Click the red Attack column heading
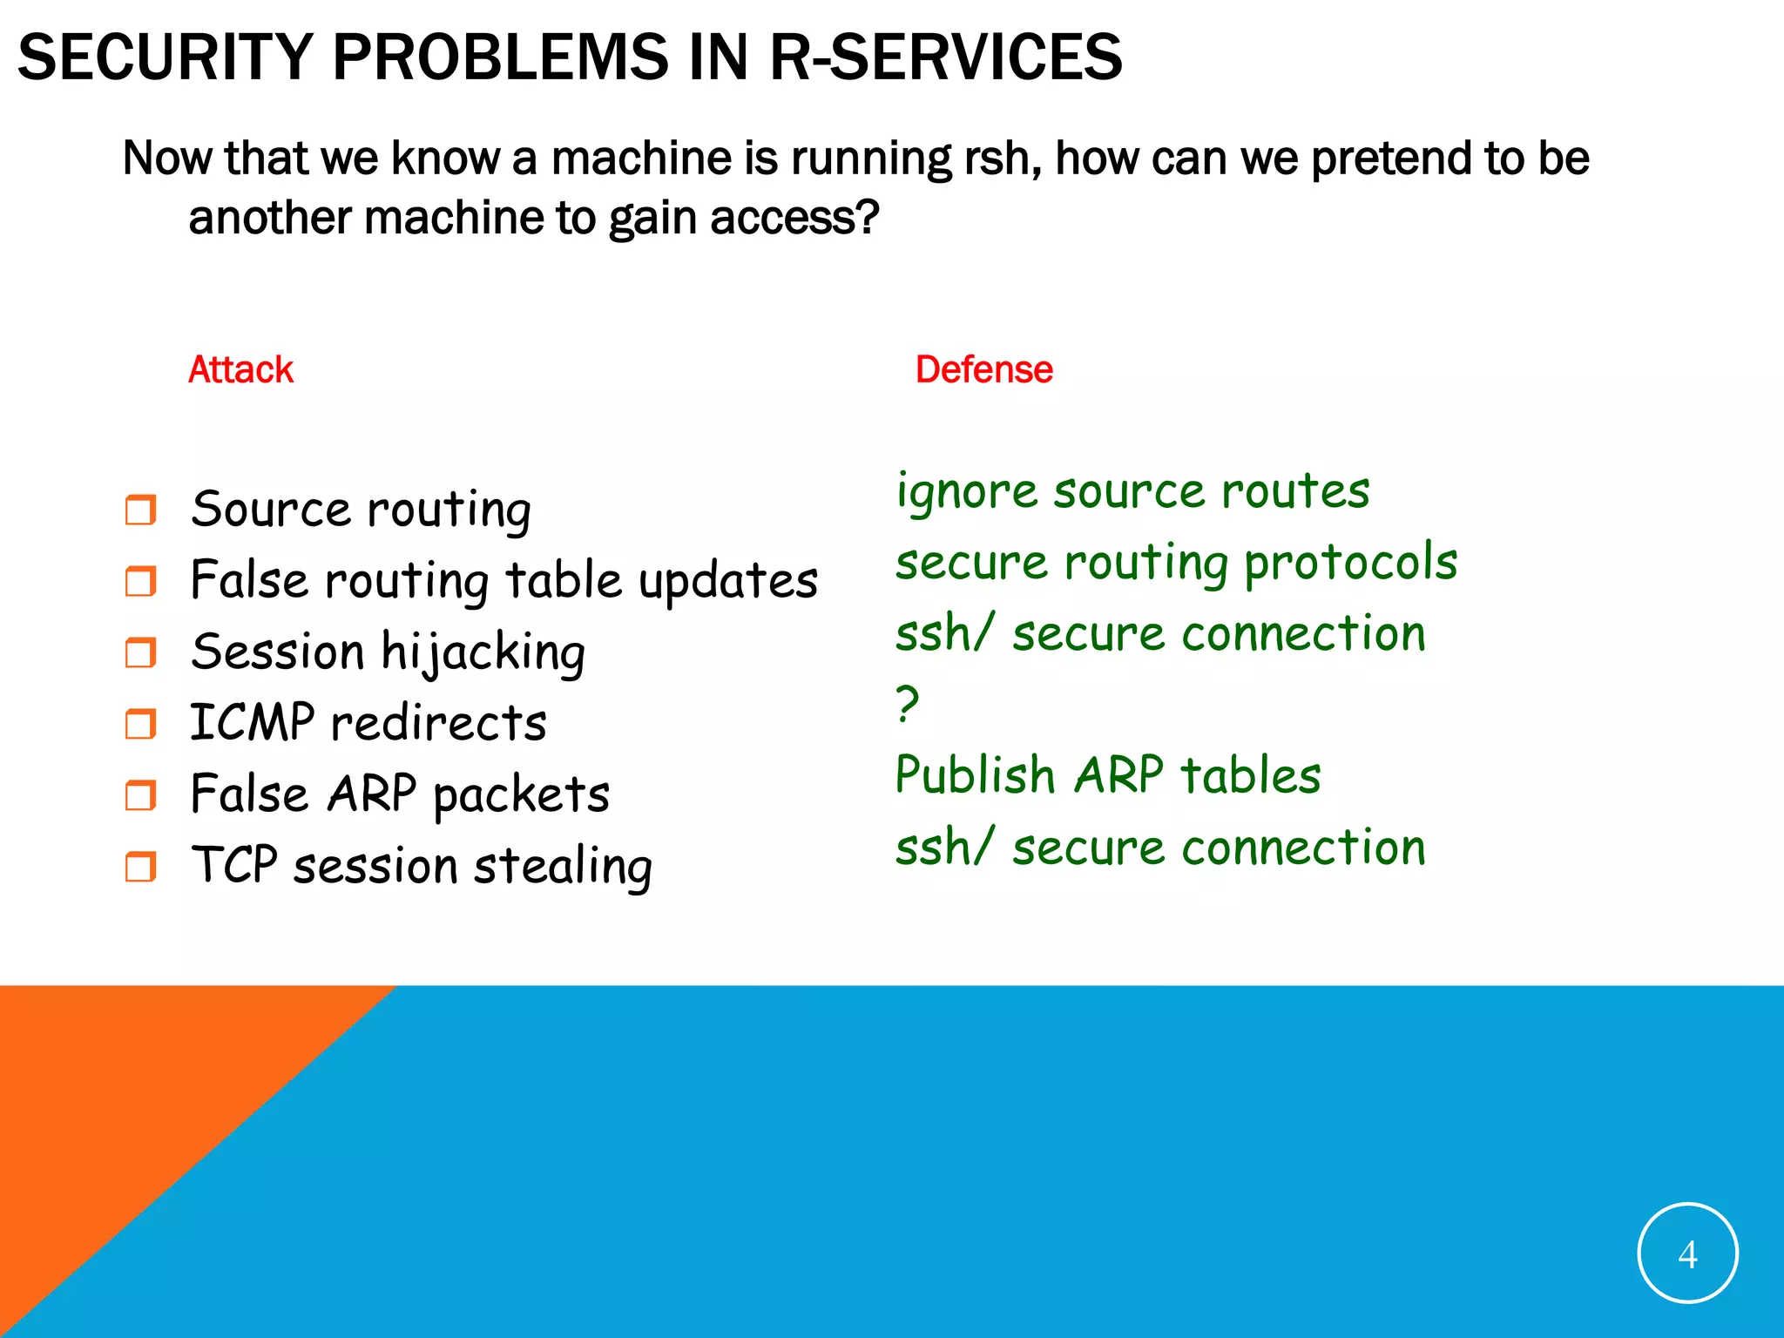click(241, 369)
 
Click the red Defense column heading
click(983, 369)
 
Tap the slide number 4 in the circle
click(1687, 1254)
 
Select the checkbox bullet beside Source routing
click(140, 510)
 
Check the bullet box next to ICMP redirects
click(140, 723)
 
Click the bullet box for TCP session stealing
click(140, 867)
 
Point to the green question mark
click(907, 703)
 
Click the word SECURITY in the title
click(165, 57)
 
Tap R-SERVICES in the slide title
click(946, 57)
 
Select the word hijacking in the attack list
click(483, 653)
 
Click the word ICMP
click(252, 722)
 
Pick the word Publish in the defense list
click(975, 774)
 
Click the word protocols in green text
click(1350, 563)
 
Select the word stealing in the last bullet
click(563, 867)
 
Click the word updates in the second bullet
click(728, 582)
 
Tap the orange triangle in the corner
click(131, 1132)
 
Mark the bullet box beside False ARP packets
click(140, 794)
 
